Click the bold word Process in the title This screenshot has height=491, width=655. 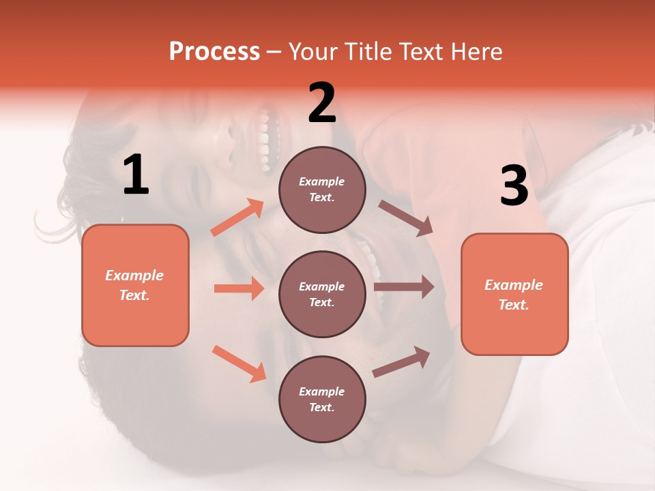[214, 52]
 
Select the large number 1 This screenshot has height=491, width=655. [136, 175]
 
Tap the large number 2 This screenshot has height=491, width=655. [322, 103]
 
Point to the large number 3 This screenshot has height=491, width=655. [514, 186]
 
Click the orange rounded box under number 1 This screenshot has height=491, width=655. [135, 321]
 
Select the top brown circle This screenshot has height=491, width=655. [322, 190]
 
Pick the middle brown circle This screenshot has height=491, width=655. [322, 294]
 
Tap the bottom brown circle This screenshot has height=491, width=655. [322, 399]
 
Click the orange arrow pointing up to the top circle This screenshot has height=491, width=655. [237, 218]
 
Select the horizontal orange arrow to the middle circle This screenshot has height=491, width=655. [239, 288]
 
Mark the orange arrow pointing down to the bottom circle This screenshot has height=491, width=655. [239, 363]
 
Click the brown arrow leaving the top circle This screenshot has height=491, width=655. [405, 218]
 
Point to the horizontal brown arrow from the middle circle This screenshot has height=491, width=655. [404, 286]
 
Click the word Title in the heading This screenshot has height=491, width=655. [368, 52]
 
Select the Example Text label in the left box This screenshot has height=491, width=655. [134, 285]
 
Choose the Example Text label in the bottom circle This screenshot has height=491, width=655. [322, 399]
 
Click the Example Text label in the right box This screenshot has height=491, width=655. [514, 295]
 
